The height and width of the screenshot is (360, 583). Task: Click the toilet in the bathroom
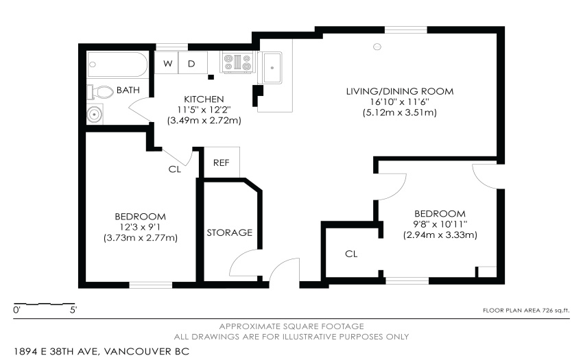tap(100, 92)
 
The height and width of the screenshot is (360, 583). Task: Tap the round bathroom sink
tap(95, 115)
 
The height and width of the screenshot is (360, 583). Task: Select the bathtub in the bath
tap(117, 64)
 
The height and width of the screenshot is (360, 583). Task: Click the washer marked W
tap(167, 63)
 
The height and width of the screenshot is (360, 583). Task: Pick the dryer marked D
tap(193, 63)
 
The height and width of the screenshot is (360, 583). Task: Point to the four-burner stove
tap(237, 62)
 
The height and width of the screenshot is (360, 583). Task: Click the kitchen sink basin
tap(272, 68)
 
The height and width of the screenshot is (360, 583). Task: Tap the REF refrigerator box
tap(222, 162)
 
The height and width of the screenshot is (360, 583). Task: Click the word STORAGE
tap(229, 232)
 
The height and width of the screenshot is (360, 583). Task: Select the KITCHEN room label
tap(204, 99)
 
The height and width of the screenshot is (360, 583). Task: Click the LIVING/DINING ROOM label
tap(400, 91)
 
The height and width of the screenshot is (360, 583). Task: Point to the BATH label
tap(128, 90)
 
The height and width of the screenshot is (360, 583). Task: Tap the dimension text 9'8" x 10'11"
tap(440, 224)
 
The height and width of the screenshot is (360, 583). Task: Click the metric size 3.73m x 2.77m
tap(141, 238)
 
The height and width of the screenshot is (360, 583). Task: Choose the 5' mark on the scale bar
tap(73, 310)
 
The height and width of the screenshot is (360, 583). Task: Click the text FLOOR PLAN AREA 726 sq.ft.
tap(526, 310)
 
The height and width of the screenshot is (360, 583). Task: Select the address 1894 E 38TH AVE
tap(56, 352)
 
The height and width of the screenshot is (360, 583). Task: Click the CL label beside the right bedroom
tap(351, 254)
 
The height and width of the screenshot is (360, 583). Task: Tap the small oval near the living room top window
tap(377, 47)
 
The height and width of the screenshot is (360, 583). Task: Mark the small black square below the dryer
tap(211, 77)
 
